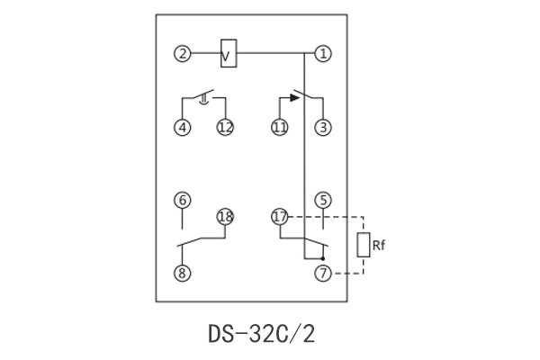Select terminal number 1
pyautogui.click(x=323, y=53)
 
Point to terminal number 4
pyautogui.click(x=183, y=128)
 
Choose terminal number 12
pyautogui.click(x=225, y=128)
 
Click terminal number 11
pyautogui.click(x=280, y=128)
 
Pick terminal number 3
pyautogui.click(x=323, y=128)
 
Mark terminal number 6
pyautogui.click(x=183, y=200)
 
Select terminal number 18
pyautogui.click(x=225, y=217)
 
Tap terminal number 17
pyautogui.click(x=280, y=217)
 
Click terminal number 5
pyautogui.click(x=323, y=200)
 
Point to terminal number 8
pyautogui.click(x=183, y=273)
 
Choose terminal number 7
pyautogui.click(x=323, y=273)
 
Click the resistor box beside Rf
pyautogui.click(x=364, y=244)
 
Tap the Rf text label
pyautogui.click(x=381, y=243)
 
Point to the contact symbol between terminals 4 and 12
pyautogui.click(x=204, y=96)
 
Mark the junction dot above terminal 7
pyautogui.click(x=323, y=256)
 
